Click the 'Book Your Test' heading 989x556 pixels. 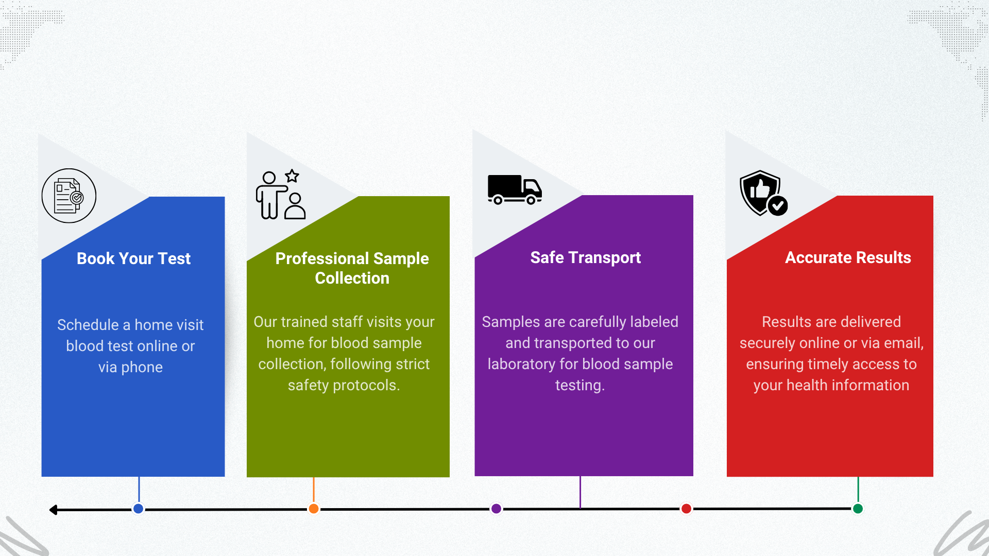click(133, 258)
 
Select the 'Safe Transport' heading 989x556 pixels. click(586, 257)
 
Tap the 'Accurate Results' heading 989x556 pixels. click(848, 257)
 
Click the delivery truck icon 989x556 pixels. click(515, 189)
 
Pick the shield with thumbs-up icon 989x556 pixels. click(763, 193)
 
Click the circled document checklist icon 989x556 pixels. click(69, 196)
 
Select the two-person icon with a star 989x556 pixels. click(281, 195)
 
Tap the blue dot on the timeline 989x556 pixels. click(138, 509)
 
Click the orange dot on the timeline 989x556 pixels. click(313, 509)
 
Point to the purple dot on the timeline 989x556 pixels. click(496, 509)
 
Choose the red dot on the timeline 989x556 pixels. click(686, 509)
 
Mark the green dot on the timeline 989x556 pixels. click(858, 509)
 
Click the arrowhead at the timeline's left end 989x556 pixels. click(53, 510)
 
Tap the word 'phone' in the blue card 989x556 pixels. click(142, 368)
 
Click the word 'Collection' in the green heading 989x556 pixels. click(352, 278)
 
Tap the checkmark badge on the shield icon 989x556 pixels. click(777, 206)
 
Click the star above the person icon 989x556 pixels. click(292, 176)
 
